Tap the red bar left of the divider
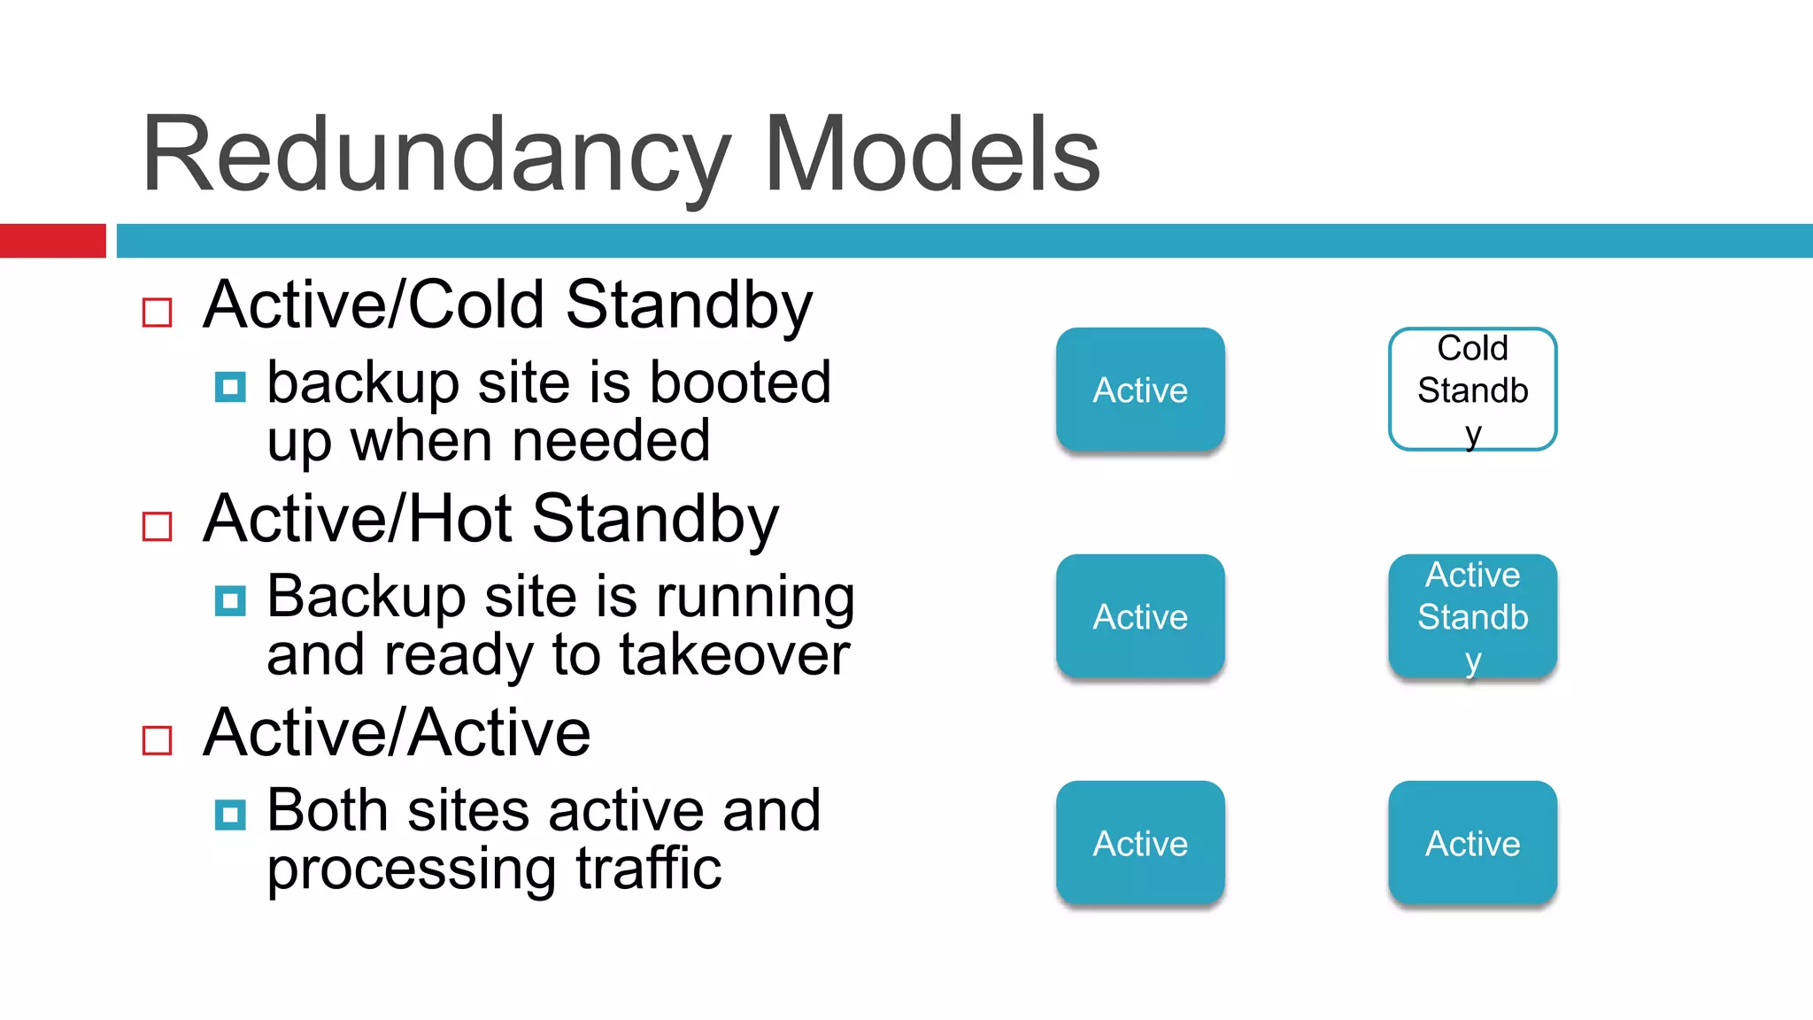click(52, 241)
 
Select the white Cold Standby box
click(1472, 390)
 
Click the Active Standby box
click(1472, 616)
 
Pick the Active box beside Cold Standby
click(1140, 390)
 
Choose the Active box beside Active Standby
click(1140, 616)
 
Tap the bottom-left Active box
click(1140, 843)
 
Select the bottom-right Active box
click(1472, 843)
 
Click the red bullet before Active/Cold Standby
click(157, 313)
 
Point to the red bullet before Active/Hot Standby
click(157, 527)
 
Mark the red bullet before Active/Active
click(157, 741)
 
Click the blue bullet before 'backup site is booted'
click(230, 387)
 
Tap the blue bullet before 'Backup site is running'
click(230, 601)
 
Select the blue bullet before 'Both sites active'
click(230, 815)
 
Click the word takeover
click(734, 655)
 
